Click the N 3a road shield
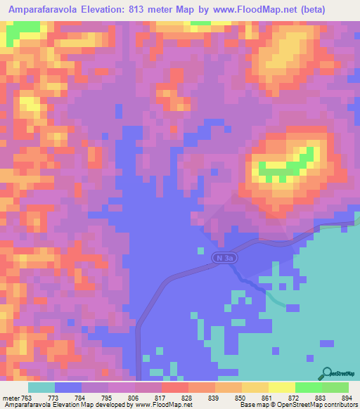(223, 259)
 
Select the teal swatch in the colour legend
(41, 387)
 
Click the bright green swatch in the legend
(308, 387)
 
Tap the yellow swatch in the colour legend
(281, 387)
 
